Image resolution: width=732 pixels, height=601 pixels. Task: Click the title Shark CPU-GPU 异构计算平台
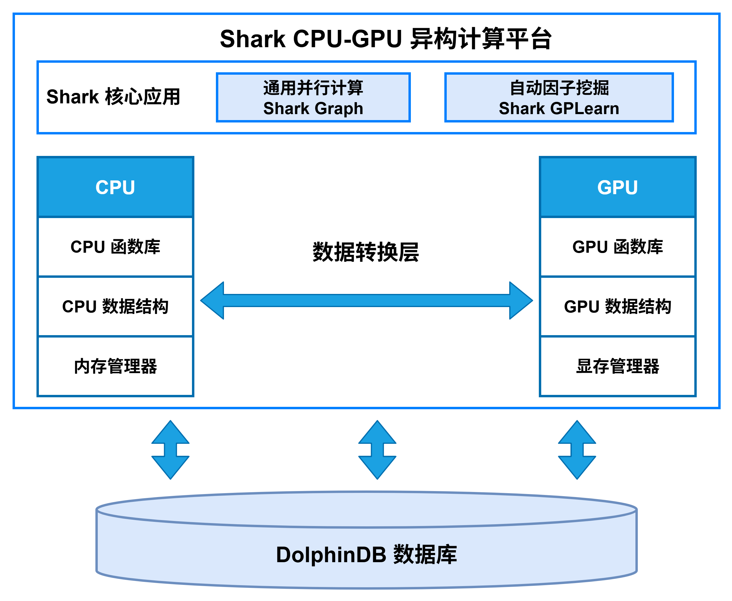(x=385, y=39)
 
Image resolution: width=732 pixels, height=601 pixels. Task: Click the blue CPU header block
(x=115, y=187)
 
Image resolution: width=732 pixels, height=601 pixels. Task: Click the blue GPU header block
(x=617, y=187)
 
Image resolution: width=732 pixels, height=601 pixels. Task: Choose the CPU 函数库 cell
(x=115, y=247)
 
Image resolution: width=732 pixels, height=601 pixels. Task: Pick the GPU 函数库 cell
(x=617, y=247)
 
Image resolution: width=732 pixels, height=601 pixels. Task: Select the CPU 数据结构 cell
(x=115, y=306)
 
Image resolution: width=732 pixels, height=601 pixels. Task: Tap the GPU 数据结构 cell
(x=617, y=306)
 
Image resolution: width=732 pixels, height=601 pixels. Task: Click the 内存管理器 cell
(x=115, y=366)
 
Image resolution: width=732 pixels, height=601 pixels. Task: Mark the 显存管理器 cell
(x=617, y=366)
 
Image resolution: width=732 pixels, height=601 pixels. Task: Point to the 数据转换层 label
(x=366, y=252)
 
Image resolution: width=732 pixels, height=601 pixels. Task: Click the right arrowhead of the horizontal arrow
(x=520, y=300)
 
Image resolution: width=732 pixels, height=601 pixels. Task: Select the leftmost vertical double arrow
(x=170, y=450)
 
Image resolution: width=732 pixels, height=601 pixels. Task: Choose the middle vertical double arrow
(x=377, y=450)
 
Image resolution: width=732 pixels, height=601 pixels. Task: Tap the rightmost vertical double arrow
(x=577, y=450)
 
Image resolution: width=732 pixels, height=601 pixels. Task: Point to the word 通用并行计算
(x=313, y=88)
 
